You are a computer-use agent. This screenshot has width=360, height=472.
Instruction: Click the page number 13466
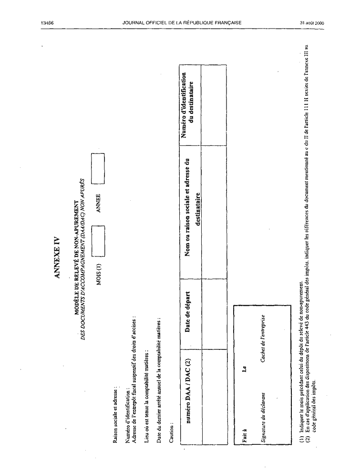[47, 22]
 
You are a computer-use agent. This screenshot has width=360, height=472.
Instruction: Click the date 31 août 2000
[312, 23]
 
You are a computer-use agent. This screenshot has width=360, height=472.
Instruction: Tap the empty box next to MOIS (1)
[98, 241]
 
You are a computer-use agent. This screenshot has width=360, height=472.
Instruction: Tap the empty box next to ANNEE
[98, 169]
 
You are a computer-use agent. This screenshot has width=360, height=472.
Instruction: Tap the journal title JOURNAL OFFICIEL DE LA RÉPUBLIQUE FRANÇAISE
[182, 22]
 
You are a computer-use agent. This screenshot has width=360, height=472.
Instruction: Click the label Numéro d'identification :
[128, 416]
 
